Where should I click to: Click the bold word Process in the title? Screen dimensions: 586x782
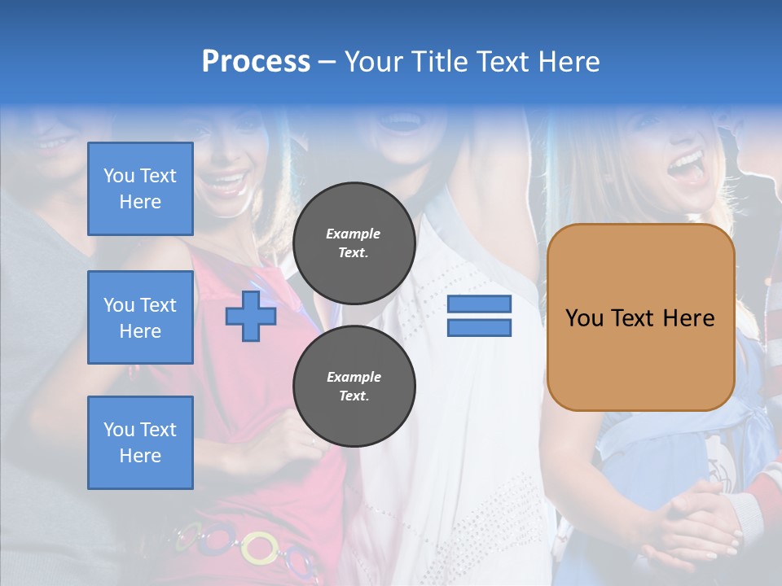(x=256, y=62)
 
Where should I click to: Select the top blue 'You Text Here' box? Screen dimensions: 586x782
(x=140, y=189)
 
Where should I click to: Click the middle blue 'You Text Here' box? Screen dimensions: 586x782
(x=140, y=317)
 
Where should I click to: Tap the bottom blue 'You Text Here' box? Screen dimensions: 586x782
(x=140, y=443)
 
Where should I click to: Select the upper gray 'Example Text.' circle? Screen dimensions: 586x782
(x=354, y=243)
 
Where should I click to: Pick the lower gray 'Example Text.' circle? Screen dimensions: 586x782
(x=354, y=387)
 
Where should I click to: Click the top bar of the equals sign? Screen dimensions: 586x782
(x=479, y=304)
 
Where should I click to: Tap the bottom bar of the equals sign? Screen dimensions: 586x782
(x=479, y=328)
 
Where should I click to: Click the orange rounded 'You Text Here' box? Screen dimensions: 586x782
(x=640, y=317)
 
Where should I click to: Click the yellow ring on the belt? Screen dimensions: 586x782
(x=260, y=547)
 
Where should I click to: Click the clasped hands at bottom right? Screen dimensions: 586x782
(x=701, y=521)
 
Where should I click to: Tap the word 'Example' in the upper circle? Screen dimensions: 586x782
(x=354, y=234)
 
